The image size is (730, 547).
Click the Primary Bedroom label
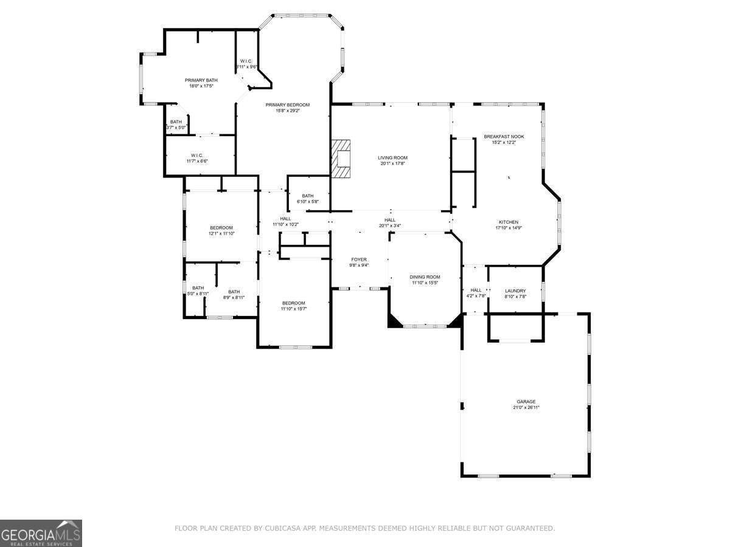tap(288, 105)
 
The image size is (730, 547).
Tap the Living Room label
tap(392, 158)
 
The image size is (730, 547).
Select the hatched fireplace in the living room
tap(342, 159)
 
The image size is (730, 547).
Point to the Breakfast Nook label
tap(504, 137)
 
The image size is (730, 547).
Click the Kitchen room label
tap(509, 222)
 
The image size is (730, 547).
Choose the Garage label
tap(526, 402)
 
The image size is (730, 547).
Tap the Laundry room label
tap(515, 291)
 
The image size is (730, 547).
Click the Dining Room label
tap(425, 277)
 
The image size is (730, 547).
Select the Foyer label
tap(359, 260)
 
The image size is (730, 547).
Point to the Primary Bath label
tap(201, 80)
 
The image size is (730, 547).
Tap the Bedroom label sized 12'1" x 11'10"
tap(221, 228)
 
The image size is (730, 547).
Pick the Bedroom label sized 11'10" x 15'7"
tap(293, 303)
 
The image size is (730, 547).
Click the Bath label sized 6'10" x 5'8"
tap(307, 196)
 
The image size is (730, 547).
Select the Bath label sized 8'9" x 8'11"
tap(234, 292)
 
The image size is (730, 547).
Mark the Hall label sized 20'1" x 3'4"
tap(390, 220)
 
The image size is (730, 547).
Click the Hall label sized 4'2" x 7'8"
tap(476, 291)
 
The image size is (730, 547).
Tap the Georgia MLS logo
tap(41, 533)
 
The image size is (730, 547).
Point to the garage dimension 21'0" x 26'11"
tap(526, 408)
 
